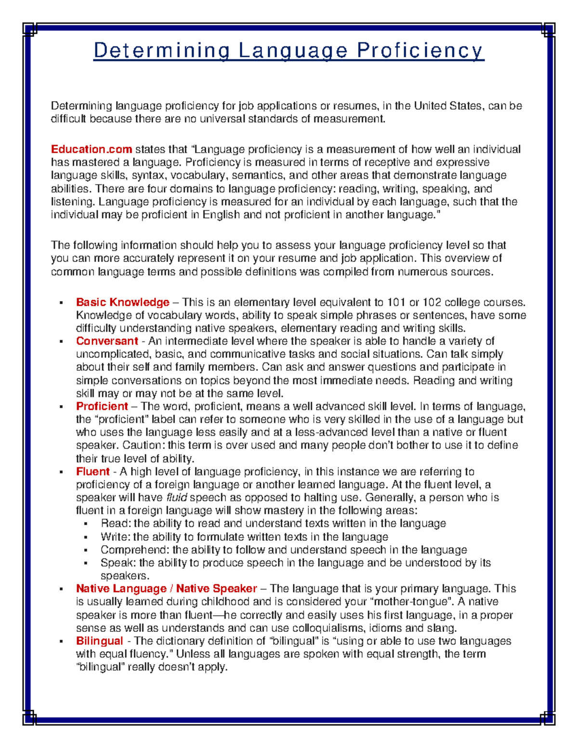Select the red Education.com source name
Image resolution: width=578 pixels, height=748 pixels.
(x=92, y=149)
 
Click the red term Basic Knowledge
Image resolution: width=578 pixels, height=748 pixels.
(x=122, y=302)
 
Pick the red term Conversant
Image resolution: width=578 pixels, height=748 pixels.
(x=107, y=341)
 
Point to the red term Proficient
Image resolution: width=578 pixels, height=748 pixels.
(x=102, y=406)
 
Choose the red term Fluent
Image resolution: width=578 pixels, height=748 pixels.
(x=93, y=472)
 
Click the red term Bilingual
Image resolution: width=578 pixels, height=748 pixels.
(x=99, y=641)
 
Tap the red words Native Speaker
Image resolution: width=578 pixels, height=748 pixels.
(x=216, y=589)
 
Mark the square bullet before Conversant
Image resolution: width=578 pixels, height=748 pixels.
(x=61, y=341)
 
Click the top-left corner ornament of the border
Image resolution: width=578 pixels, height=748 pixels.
(x=30, y=30)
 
